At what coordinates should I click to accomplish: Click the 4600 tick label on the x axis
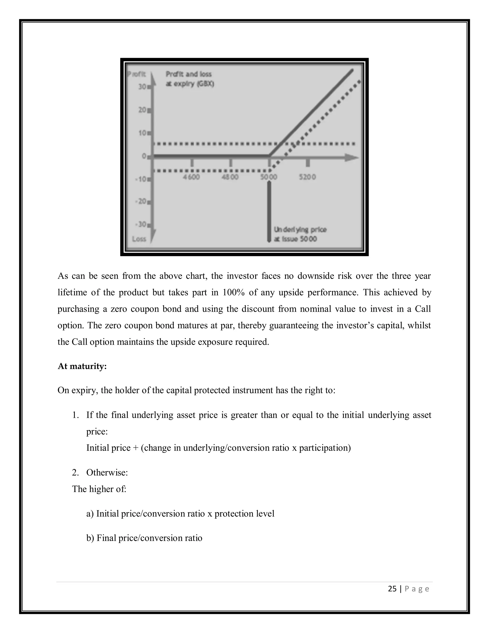[x=191, y=177]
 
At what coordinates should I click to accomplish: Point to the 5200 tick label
[x=307, y=177]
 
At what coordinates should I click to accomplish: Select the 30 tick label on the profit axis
[x=142, y=87]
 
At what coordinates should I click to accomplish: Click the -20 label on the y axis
[x=141, y=201]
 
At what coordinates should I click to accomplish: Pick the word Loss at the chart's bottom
[x=139, y=239]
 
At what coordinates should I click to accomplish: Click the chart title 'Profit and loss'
[x=189, y=74]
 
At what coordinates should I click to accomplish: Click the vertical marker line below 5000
[x=269, y=212]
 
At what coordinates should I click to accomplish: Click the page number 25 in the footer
[x=392, y=589]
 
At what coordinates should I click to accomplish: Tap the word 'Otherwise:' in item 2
[x=107, y=473]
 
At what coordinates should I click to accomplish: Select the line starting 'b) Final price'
[x=144, y=538]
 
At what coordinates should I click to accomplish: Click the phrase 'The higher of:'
[x=99, y=489]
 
